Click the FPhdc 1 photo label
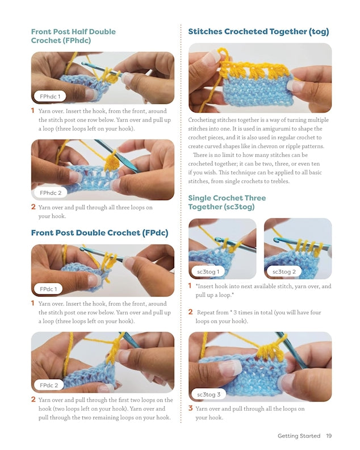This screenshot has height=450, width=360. [x=50, y=96]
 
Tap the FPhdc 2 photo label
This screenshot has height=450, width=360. [x=50, y=193]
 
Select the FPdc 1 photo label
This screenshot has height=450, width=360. [x=48, y=289]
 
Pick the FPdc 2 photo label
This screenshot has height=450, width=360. [x=48, y=385]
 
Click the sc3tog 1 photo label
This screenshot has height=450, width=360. [x=208, y=272]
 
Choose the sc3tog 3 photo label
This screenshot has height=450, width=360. [x=208, y=394]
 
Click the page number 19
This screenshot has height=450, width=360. [x=329, y=436]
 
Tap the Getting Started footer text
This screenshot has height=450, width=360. [x=299, y=436]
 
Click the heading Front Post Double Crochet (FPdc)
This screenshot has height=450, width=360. [x=99, y=232]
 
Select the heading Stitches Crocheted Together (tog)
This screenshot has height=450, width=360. [x=258, y=32]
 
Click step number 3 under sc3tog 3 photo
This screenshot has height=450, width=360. [x=190, y=408]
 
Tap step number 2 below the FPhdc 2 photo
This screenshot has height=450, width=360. [x=33, y=207]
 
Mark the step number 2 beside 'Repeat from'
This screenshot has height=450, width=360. [x=190, y=312]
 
